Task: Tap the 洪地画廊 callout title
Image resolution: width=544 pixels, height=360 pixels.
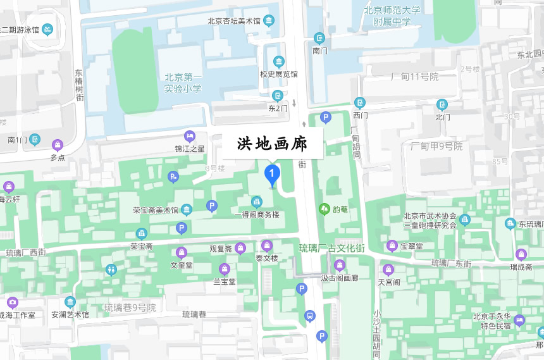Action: pyautogui.click(x=272, y=144)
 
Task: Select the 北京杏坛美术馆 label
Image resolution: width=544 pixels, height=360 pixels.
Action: pyautogui.click(x=233, y=21)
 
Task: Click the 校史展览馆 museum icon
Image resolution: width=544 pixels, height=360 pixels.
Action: pyautogui.click(x=278, y=62)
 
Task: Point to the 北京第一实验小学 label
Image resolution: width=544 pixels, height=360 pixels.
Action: pyautogui.click(x=183, y=84)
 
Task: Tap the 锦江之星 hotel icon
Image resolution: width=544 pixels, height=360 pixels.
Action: pyautogui.click(x=189, y=136)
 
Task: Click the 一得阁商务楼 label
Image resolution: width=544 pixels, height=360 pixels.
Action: pyautogui.click(x=257, y=214)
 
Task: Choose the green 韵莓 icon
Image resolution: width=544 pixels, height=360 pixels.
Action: pyautogui.click(x=325, y=208)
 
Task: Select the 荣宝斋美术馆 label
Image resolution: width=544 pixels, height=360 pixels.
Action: pyautogui.click(x=156, y=210)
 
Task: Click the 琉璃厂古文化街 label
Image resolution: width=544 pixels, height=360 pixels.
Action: pyautogui.click(x=331, y=248)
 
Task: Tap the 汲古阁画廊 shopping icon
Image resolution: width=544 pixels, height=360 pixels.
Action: pyautogui.click(x=340, y=265)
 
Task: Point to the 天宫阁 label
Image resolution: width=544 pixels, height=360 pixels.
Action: pyautogui.click(x=389, y=282)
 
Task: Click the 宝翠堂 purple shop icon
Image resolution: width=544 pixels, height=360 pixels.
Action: pyautogui.click(x=392, y=245)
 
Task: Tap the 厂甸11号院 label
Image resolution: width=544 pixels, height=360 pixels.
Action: pyautogui.click(x=414, y=77)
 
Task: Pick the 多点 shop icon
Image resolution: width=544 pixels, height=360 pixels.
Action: pyautogui.click(x=58, y=145)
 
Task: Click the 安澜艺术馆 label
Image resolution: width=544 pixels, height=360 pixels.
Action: pyautogui.click(x=70, y=314)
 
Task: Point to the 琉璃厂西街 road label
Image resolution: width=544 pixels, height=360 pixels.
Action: pyautogui.click(x=26, y=252)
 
